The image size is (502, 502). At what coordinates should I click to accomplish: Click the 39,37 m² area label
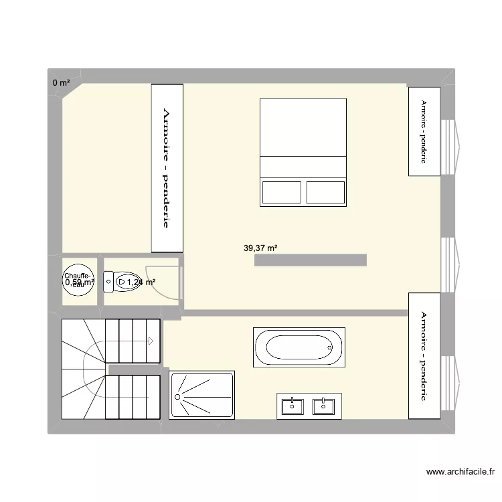click(x=260, y=248)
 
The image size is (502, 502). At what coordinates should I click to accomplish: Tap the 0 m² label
click(x=61, y=83)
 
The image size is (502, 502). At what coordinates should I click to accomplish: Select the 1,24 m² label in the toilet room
click(x=141, y=282)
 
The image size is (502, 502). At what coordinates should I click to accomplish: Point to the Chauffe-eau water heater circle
click(x=78, y=280)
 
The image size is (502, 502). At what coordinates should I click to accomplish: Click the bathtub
click(x=299, y=347)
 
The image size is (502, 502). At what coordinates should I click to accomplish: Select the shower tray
click(x=202, y=396)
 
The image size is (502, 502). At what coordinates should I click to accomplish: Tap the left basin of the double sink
click(x=293, y=406)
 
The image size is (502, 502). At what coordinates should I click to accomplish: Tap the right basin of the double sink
click(x=325, y=406)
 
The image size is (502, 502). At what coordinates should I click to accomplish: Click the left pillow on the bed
click(x=282, y=192)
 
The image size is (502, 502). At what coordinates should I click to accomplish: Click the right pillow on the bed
click(x=325, y=192)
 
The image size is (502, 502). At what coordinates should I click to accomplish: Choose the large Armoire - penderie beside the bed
click(x=167, y=168)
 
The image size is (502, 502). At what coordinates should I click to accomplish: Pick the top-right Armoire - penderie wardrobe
click(x=424, y=131)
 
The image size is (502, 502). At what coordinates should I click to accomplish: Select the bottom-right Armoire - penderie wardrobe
click(x=424, y=355)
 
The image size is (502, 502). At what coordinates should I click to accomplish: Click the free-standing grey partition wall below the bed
click(x=311, y=260)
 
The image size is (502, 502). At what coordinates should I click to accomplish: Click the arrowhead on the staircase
click(x=151, y=341)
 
